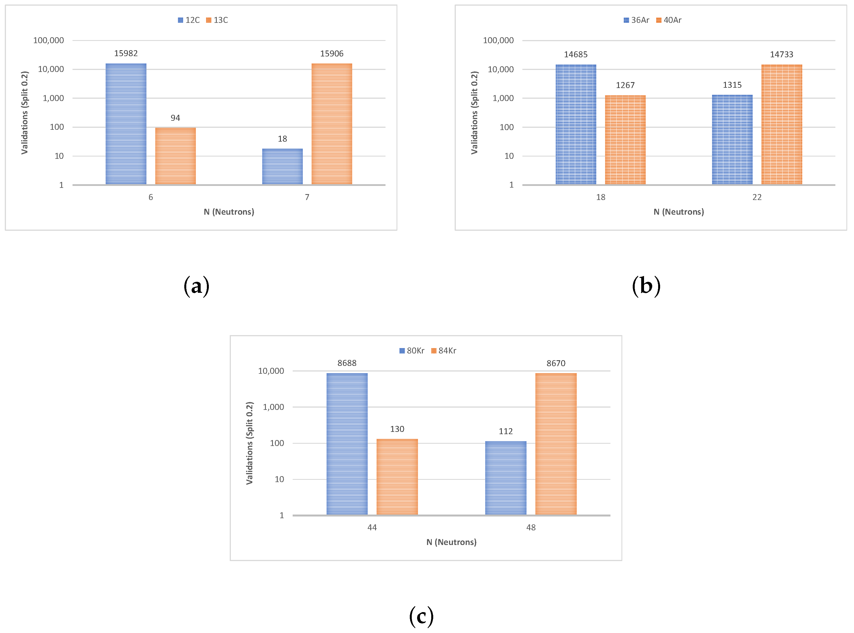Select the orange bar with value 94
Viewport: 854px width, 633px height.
tap(175, 156)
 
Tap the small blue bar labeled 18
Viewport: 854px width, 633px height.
tap(282, 166)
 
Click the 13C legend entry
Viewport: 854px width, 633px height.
tap(217, 20)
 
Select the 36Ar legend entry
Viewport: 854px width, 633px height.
tap(636, 20)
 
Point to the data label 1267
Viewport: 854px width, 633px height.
tap(625, 85)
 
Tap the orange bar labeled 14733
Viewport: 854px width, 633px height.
tap(781, 124)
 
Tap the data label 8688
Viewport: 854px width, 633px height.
tap(347, 363)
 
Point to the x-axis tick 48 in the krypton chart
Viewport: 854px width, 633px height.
tap(531, 527)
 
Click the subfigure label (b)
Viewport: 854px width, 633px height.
tap(646, 286)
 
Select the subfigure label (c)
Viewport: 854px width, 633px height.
tap(421, 616)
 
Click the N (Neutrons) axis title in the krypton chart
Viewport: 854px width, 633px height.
tap(451, 542)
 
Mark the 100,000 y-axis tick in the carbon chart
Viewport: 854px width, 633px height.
tap(48, 40)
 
